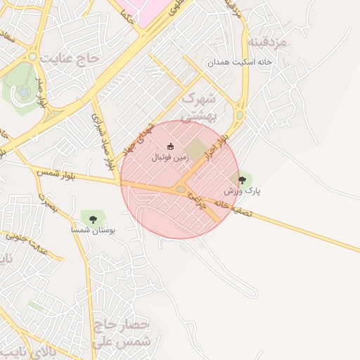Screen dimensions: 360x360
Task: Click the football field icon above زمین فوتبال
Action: (x=170, y=146)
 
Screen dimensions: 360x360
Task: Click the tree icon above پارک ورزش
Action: (x=243, y=180)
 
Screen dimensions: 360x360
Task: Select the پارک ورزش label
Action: (x=238, y=191)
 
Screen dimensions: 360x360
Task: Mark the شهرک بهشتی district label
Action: (x=202, y=105)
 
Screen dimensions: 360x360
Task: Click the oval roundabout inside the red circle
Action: (x=181, y=188)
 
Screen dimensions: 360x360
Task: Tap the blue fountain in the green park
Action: (x=23, y=91)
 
